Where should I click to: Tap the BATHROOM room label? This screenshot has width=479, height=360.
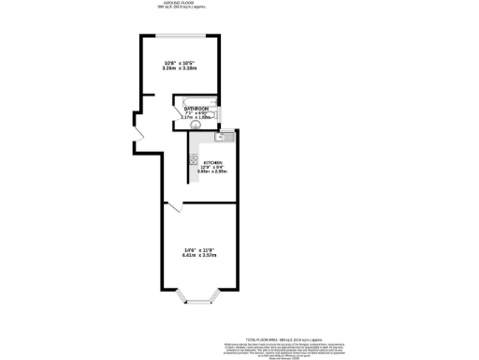196,110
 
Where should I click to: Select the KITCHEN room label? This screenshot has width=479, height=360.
212,161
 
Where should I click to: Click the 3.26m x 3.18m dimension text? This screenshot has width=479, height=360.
180,68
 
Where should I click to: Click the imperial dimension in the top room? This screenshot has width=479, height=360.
180,63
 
